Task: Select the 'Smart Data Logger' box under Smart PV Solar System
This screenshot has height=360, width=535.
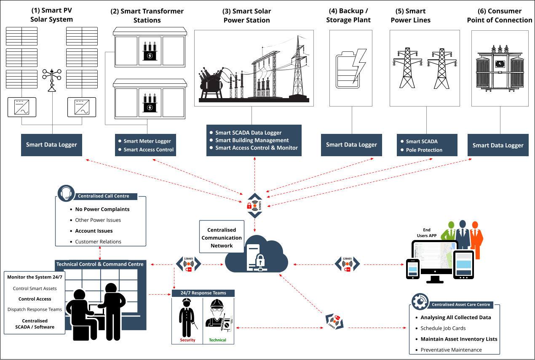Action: click(51, 145)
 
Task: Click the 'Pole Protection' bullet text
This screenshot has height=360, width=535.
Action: click(424, 150)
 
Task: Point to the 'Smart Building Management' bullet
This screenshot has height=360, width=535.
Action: click(252, 140)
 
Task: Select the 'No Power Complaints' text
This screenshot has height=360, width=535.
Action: click(102, 209)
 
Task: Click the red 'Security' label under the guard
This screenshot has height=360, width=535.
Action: click(187, 340)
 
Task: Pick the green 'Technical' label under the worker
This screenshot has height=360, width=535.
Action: click(217, 340)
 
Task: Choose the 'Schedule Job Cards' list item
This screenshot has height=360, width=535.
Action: click(443, 328)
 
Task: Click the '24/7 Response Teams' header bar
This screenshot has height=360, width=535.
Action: click(203, 293)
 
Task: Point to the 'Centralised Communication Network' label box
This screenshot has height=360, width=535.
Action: click(222, 238)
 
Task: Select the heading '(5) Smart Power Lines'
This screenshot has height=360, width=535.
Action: click(410, 16)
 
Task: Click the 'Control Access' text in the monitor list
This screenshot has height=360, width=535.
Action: click(35, 299)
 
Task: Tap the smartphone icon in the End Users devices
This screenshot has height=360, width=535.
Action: click(412, 268)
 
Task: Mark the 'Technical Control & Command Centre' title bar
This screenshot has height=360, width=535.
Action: click(100, 264)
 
